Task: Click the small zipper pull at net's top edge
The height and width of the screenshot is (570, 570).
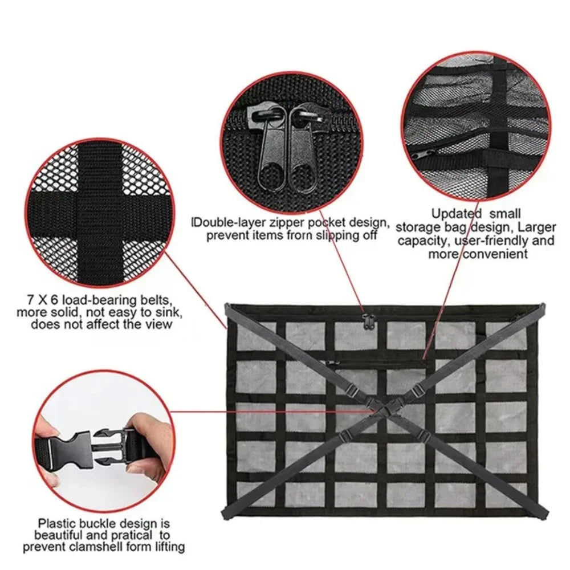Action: click(x=365, y=322)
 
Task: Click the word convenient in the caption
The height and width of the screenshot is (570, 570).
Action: click(x=494, y=254)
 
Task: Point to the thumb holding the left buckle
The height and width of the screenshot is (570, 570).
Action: click(x=47, y=427)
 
